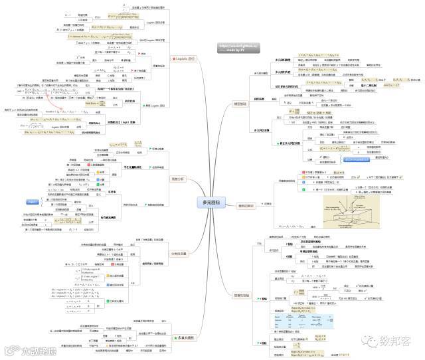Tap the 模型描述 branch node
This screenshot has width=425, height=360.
241,104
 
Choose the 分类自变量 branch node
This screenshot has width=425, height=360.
179,252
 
